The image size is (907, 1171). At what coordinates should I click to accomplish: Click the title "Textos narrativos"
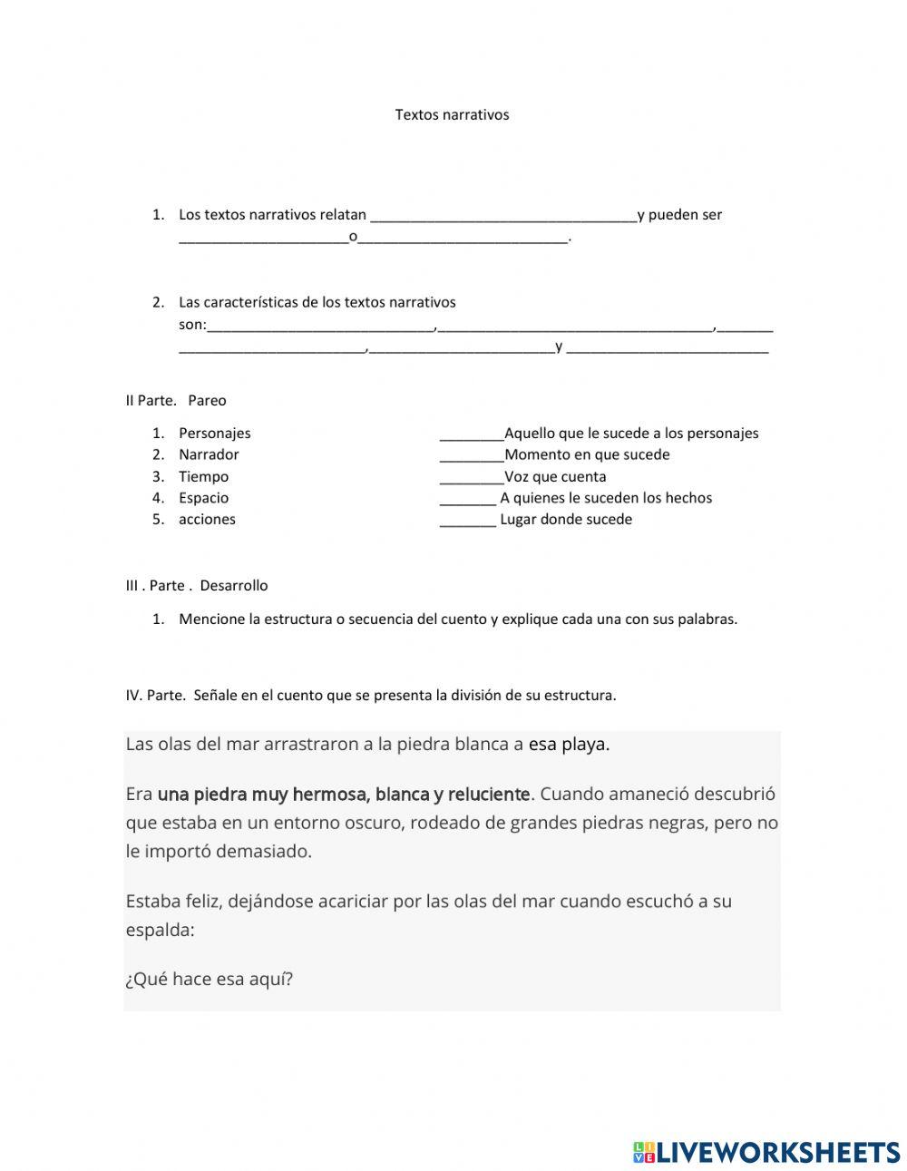click(452, 114)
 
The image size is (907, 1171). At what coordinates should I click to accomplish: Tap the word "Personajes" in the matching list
click(214, 434)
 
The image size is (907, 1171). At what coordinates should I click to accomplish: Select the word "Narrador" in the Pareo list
click(209, 454)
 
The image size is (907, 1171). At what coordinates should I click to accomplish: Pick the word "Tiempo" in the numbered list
click(203, 476)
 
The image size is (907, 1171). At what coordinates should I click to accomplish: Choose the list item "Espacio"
click(203, 498)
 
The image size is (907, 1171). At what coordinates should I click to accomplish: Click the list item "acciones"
click(207, 520)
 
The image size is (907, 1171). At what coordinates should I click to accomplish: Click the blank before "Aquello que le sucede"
click(471, 434)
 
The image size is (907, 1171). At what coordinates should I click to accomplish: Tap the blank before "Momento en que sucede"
click(471, 455)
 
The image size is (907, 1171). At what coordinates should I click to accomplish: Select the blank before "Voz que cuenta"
click(471, 477)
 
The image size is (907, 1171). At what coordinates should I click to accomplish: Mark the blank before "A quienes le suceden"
click(467, 498)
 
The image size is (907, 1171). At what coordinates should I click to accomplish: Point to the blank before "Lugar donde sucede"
click(467, 520)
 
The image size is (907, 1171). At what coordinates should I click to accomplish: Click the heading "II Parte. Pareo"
click(176, 400)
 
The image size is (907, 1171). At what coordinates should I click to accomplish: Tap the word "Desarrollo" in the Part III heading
click(234, 585)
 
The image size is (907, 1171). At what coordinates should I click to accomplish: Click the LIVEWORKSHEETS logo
click(766, 1152)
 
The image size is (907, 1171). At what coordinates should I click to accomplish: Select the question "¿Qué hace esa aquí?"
click(210, 980)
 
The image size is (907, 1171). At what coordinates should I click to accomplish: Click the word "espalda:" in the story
click(161, 930)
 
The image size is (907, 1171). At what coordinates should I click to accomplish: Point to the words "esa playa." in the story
click(569, 745)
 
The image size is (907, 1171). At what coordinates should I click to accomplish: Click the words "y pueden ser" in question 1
click(679, 215)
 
